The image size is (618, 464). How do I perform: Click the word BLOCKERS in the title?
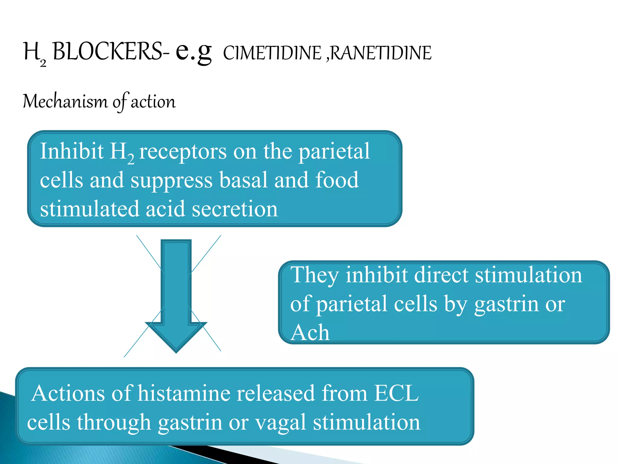[x=107, y=51]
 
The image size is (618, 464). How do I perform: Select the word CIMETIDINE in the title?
[x=272, y=53]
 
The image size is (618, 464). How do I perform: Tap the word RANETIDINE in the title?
[x=381, y=53]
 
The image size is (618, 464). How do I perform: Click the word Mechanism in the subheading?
[x=65, y=101]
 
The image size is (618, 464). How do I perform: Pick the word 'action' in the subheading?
[x=153, y=101]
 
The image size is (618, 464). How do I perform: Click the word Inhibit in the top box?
[x=72, y=151]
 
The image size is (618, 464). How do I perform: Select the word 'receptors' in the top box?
[x=183, y=152]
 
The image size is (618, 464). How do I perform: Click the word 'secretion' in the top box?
[x=234, y=209]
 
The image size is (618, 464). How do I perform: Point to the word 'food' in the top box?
[x=337, y=180]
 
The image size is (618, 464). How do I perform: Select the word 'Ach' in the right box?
[x=310, y=332]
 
